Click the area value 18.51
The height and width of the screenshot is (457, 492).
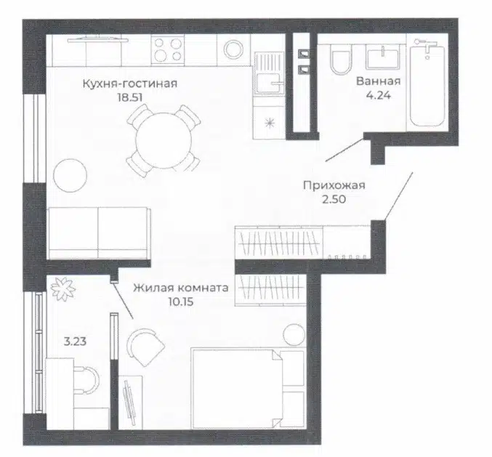[x=130, y=97]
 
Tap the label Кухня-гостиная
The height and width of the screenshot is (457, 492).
[x=130, y=84]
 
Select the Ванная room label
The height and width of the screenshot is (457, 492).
[x=379, y=81]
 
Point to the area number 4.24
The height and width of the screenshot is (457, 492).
[x=379, y=95]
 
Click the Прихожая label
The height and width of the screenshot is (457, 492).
[x=334, y=185]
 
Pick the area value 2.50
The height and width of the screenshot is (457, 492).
[x=334, y=199]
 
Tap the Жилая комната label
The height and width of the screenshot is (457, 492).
[x=181, y=288]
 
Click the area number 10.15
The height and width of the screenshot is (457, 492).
[x=181, y=302]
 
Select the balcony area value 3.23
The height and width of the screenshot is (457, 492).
[x=75, y=341]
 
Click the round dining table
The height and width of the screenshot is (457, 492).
[x=164, y=140]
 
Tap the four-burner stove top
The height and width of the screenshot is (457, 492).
[x=168, y=50]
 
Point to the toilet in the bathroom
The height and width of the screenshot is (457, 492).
[x=342, y=60]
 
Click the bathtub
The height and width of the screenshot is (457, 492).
[x=427, y=85]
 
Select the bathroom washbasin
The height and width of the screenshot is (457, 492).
[x=383, y=58]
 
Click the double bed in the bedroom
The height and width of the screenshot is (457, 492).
[x=249, y=388]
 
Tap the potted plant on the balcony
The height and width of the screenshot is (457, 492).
[x=63, y=289]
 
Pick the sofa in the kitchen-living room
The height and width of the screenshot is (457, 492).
[x=99, y=233]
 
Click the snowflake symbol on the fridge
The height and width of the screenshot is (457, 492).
[x=270, y=124]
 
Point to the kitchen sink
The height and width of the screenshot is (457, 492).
[x=269, y=73]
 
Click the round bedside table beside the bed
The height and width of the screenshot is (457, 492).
[x=294, y=335]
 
